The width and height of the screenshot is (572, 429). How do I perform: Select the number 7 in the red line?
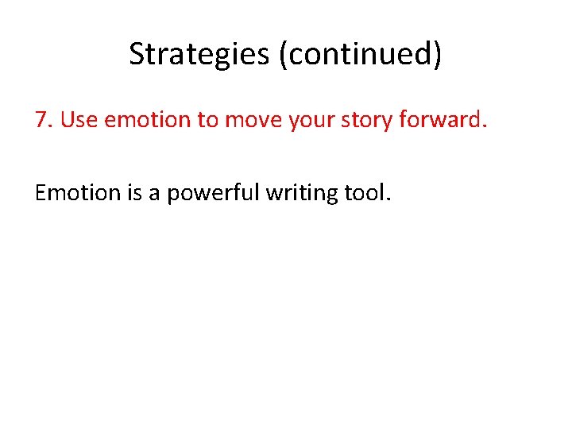click(42, 119)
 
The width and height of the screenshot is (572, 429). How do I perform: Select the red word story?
click(367, 119)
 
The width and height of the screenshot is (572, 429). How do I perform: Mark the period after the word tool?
click(388, 199)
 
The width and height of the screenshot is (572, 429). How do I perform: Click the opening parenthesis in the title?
click(283, 54)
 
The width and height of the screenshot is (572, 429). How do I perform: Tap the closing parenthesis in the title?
click(438, 54)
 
